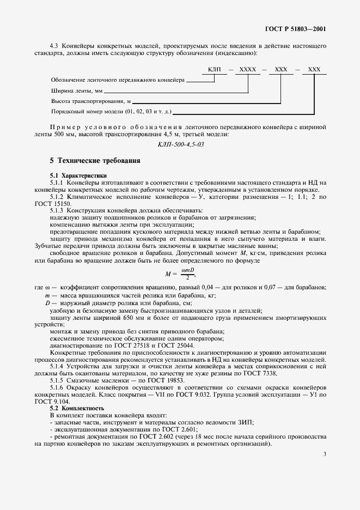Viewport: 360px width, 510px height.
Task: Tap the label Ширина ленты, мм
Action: (x=76, y=91)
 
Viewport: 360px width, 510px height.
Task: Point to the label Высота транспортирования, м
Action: (x=91, y=101)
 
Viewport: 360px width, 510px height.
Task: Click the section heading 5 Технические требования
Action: (x=95, y=161)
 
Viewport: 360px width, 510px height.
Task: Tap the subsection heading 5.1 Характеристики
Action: (x=78, y=175)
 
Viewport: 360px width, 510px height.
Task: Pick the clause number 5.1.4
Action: (x=58, y=367)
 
